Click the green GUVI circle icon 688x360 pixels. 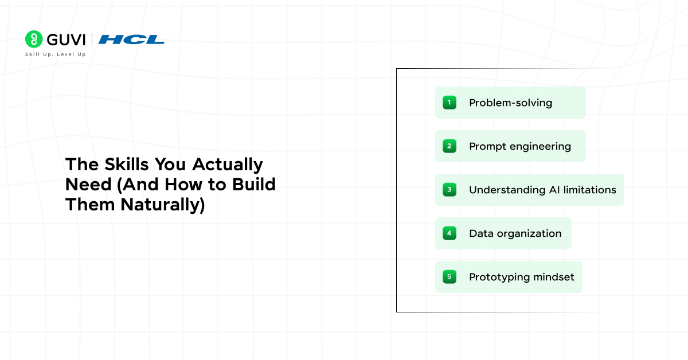coord(34,39)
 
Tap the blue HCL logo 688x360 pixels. coord(131,40)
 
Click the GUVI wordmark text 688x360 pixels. coord(66,40)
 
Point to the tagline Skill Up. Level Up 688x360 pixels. coord(55,54)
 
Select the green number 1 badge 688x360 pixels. coord(449,103)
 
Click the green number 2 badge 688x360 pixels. coord(449,146)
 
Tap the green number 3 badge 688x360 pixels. coord(449,190)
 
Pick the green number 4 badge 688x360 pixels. coord(449,233)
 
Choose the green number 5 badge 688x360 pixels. coord(449,277)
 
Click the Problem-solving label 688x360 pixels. coord(510,103)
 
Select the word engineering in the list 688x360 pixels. coord(540,147)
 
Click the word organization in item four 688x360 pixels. coord(529,234)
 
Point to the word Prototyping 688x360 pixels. coord(499,277)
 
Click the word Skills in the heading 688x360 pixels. coord(127,164)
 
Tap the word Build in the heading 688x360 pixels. coord(254,185)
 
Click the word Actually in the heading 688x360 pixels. coord(228,165)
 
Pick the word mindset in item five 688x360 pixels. coord(554,277)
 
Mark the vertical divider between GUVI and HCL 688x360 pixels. coord(92,39)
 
